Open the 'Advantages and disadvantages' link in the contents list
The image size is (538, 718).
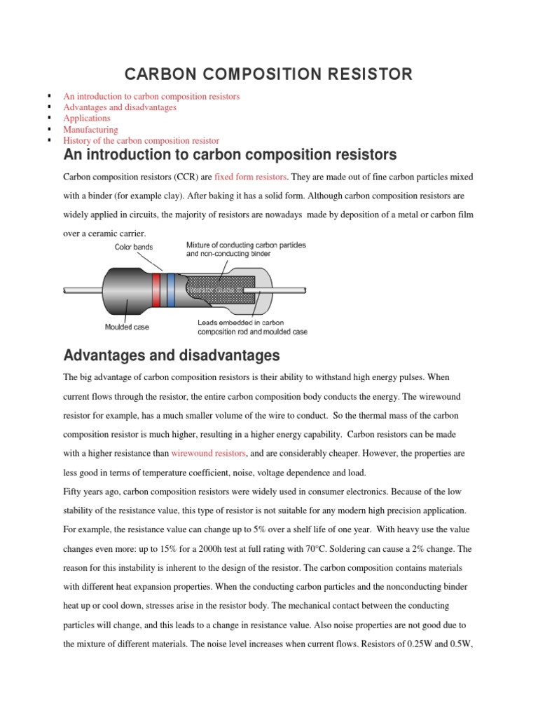click(x=120, y=107)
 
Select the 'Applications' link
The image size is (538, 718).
click(x=87, y=118)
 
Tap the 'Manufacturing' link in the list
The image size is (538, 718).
click(x=90, y=130)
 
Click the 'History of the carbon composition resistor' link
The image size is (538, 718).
click(x=141, y=141)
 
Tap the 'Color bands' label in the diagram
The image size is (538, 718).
click(x=134, y=247)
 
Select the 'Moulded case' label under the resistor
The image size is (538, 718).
click(x=127, y=327)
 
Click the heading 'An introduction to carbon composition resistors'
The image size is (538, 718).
click(x=230, y=155)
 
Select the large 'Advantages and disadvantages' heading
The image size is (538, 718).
click(x=172, y=355)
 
